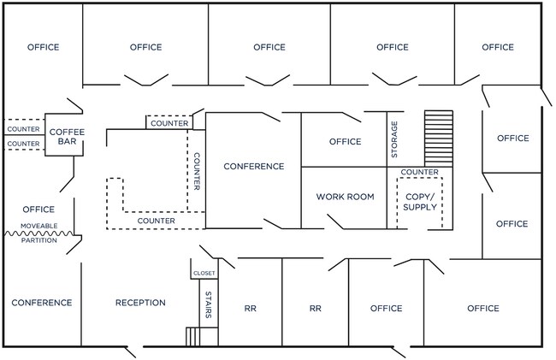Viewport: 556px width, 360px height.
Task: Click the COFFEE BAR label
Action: pyautogui.click(x=67, y=137)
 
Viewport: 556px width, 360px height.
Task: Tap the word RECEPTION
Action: pyautogui.click(x=140, y=303)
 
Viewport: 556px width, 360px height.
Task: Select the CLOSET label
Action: pyautogui.click(x=204, y=273)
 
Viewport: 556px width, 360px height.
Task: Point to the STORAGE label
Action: pyautogui.click(x=394, y=139)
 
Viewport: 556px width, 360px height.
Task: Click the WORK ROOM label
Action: pyautogui.click(x=345, y=197)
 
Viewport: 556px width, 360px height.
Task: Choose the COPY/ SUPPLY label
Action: pyautogui.click(x=420, y=202)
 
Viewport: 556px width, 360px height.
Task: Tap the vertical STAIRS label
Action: pyautogui.click(x=209, y=304)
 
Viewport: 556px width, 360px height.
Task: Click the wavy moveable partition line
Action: pyautogui.click(x=39, y=233)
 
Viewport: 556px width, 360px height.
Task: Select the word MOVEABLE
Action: pyautogui.click(x=39, y=226)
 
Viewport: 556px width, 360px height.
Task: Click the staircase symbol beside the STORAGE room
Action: pyautogui.click(x=439, y=139)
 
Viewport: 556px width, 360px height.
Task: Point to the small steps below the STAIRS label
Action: pyautogui.click(x=192, y=337)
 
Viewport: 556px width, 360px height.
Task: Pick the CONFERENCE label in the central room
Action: pyautogui.click(x=254, y=166)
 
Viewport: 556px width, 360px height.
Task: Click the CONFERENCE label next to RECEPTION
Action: pyautogui.click(x=42, y=303)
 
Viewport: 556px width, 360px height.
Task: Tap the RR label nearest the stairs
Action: pyautogui.click(x=251, y=309)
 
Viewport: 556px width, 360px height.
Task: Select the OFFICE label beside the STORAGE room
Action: pyautogui.click(x=345, y=141)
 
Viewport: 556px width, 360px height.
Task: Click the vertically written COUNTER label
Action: pyautogui.click(x=197, y=172)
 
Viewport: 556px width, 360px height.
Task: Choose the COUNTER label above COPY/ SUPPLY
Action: pyautogui.click(x=419, y=172)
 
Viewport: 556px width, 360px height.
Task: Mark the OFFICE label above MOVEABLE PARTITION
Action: pyautogui.click(x=38, y=210)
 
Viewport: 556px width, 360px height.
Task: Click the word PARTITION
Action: pyautogui.click(x=39, y=240)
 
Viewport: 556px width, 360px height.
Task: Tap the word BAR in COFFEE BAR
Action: pyautogui.click(x=67, y=141)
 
